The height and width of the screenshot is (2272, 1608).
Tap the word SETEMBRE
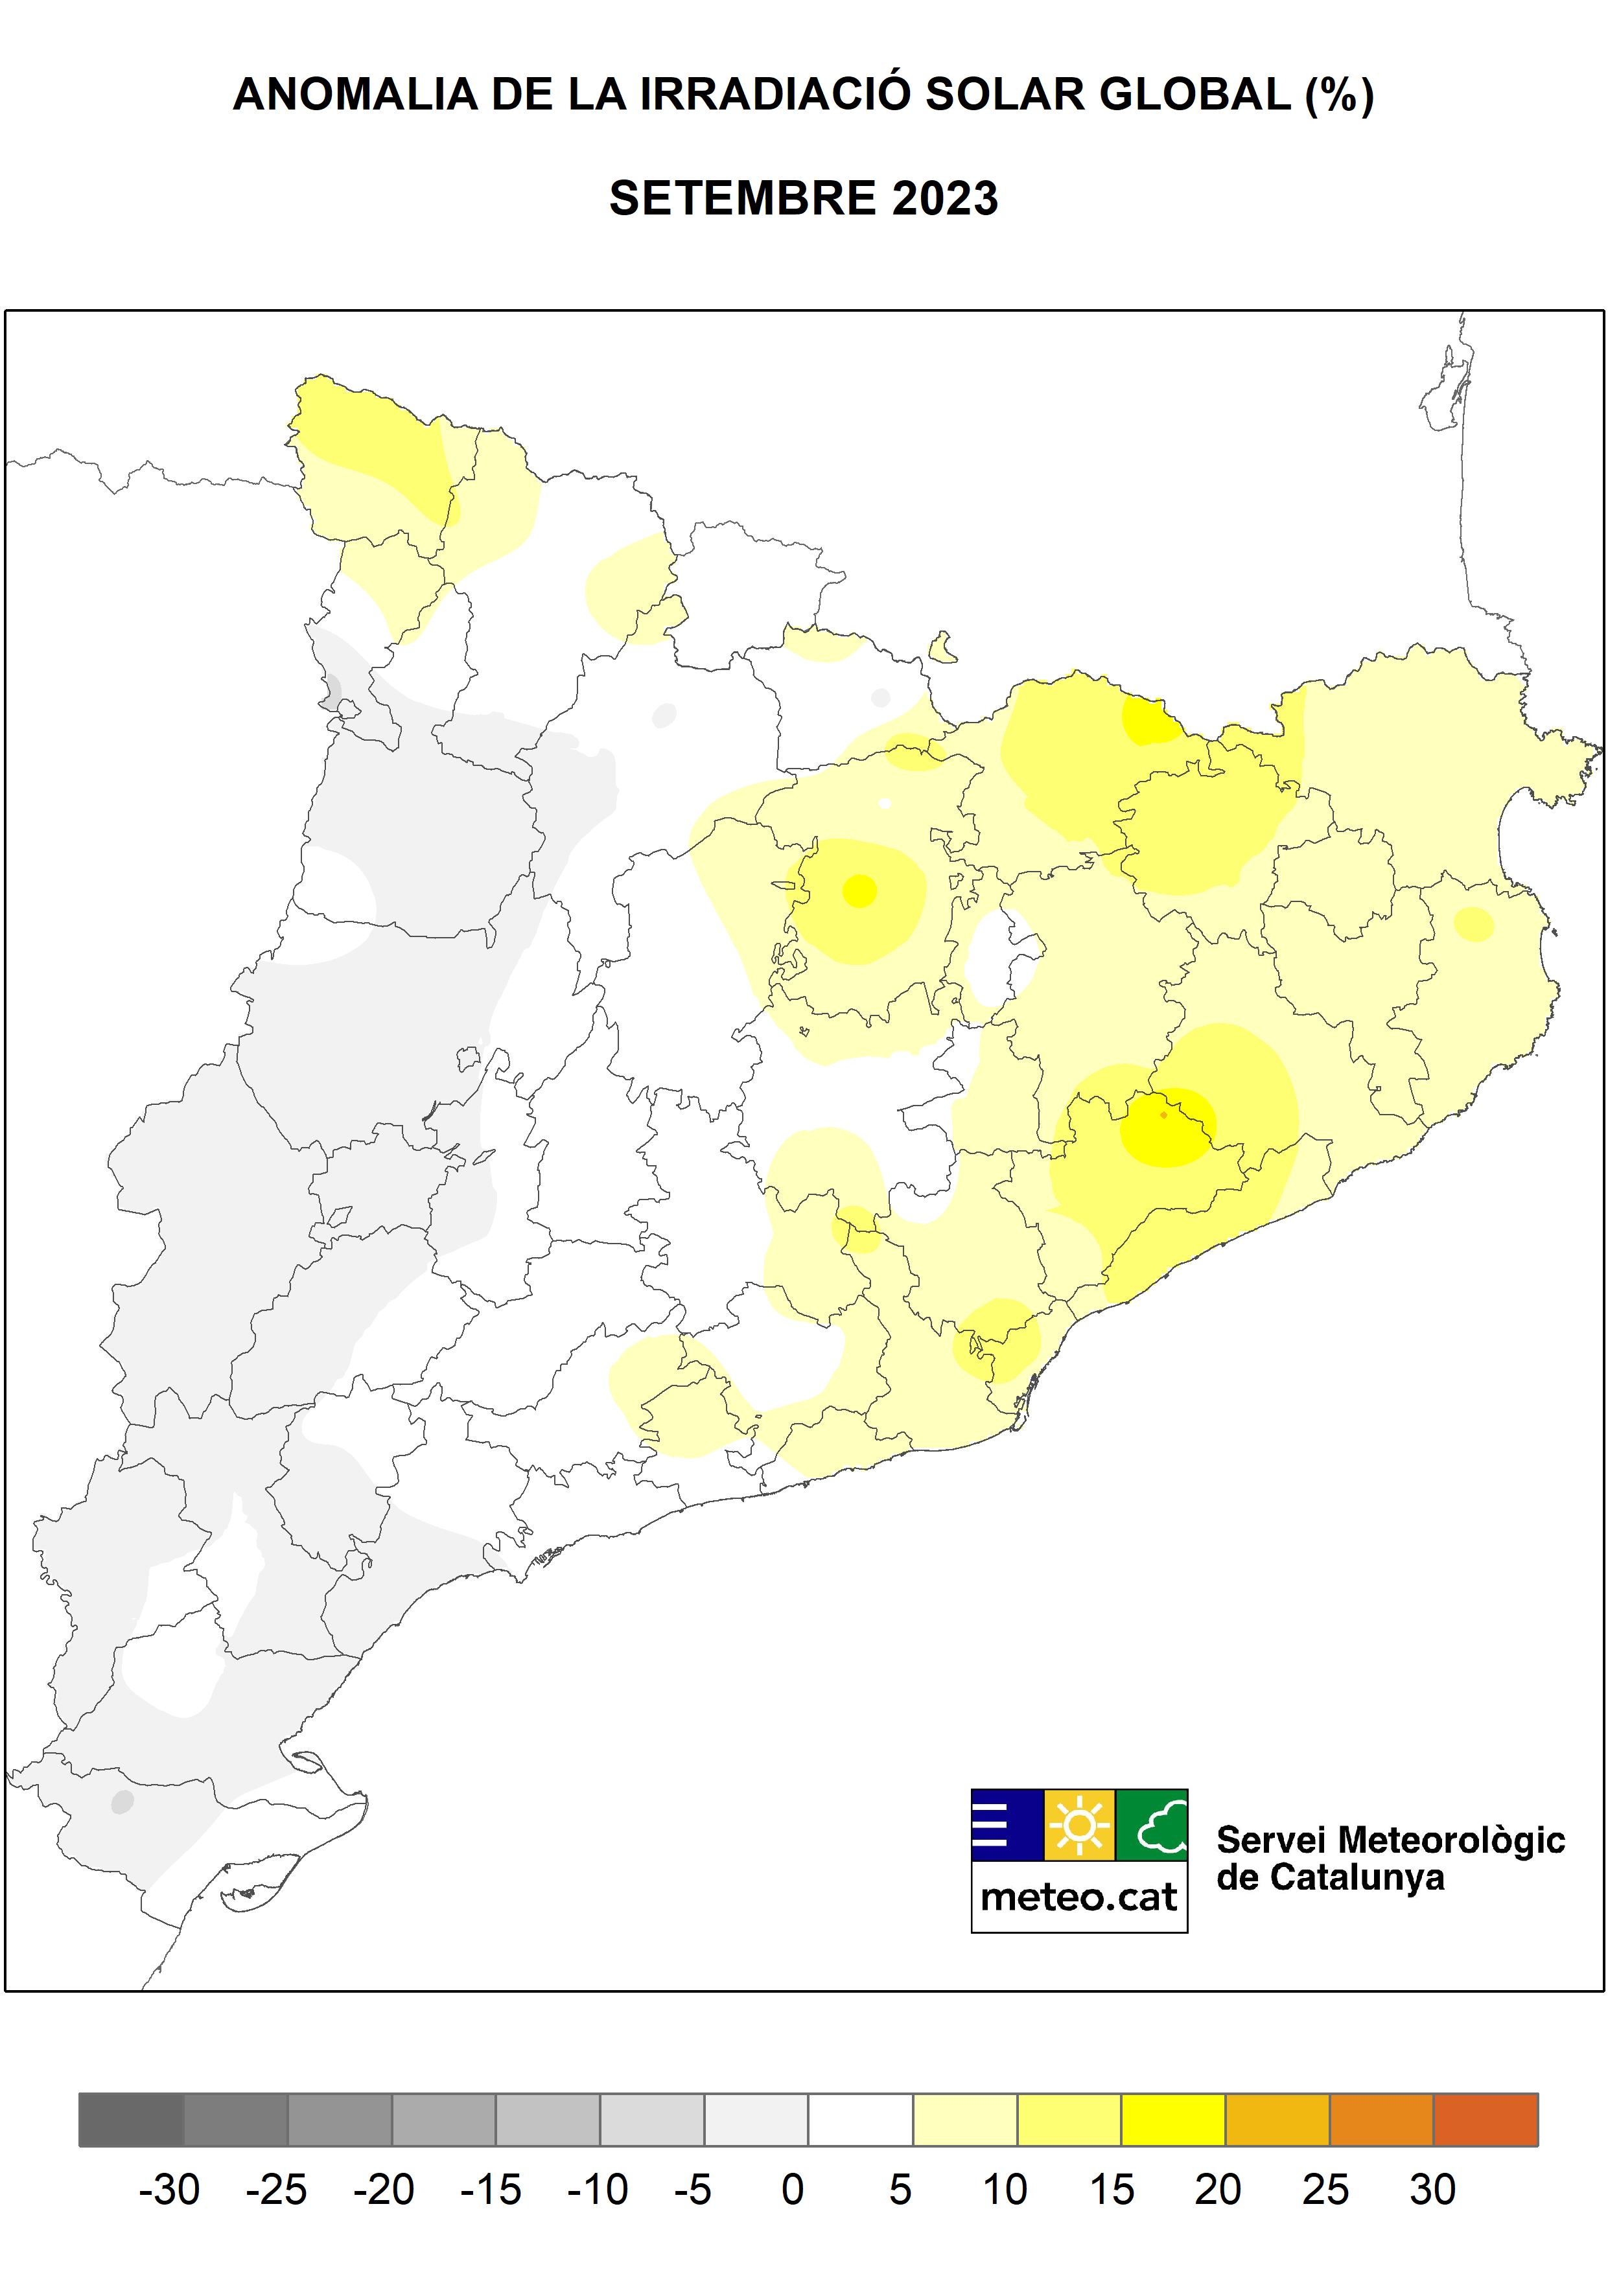coord(743,198)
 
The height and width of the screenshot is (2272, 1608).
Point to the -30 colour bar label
coord(169,2190)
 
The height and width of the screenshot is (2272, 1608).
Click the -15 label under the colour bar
coord(490,2190)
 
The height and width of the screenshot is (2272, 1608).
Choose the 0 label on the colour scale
coord(792,2190)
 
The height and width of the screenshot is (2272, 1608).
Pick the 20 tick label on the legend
coord(1218,2190)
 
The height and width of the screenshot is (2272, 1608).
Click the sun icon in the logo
coord(1079,1824)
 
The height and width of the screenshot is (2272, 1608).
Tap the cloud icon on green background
coord(1152,1824)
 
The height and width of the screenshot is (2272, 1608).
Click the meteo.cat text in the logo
coord(1079,1897)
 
